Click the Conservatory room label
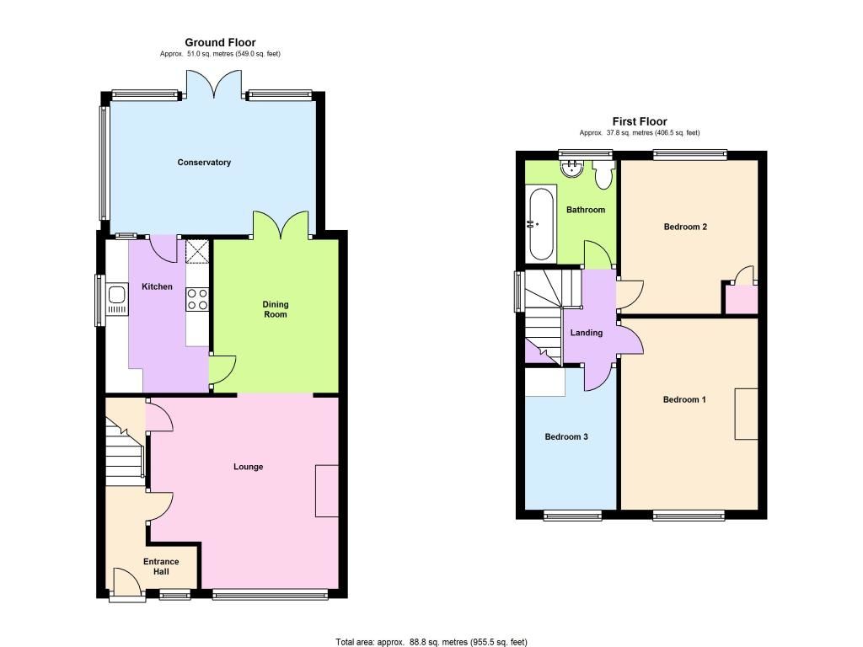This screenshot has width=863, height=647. pyautogui.click(x=204, y=163)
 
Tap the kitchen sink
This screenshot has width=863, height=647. pyautogui.click(x=117, y=300)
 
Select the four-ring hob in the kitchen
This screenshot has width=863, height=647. pyautogui.click(x=197, y=299)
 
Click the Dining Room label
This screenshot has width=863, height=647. pyautogui.click(x=276, y=309)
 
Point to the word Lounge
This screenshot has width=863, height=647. pyautogui.click(x=249, y=467)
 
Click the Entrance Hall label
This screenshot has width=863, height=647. pyautogui.click(x=161, y=566)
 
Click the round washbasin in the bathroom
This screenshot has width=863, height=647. pyautogui.click(x=573, y=168)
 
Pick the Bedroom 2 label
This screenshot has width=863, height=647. pyautogui.click(x=685, y=227)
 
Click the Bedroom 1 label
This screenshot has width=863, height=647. pyautogui.click(x=684, y=399)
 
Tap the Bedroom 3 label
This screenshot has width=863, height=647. pyautogui.click(x=566, y=437)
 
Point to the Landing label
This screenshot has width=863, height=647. pyautogui.click(x=587, y=333)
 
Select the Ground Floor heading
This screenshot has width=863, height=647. pyautogui.click(x=220, y=42)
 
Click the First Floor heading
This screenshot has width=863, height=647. pyautogui.click(x=640, y=121)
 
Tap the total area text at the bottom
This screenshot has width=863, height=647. pyautogui.click(x=431, y=642)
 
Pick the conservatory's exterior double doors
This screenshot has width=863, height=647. pyautogui.click(x=213, y=83)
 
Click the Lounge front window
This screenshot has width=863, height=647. pyautogui.click(x=270, y=594)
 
